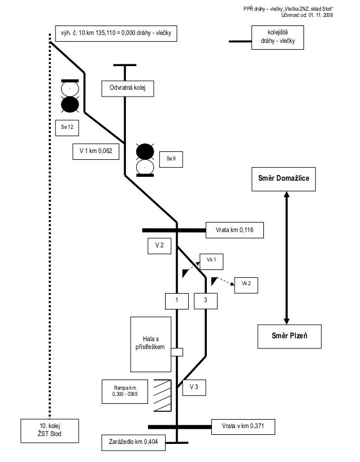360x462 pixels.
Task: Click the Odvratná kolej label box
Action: (x=128, y=88)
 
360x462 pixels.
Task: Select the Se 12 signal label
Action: (x=67, y=127)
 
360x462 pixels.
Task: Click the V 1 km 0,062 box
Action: (x=96, y=151)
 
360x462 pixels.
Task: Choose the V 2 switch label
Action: (x=159, y=246)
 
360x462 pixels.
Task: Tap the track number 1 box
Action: (x=177, y=301)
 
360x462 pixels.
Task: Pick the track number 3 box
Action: (x=206, y=301)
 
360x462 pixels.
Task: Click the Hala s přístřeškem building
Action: (x=150, y=343)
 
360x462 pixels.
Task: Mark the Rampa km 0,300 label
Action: (x=125, y=390)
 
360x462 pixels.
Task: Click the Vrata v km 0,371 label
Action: (x=242, y=427)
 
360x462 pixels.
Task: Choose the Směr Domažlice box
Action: (x=285, y=178)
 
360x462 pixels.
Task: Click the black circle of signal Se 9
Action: (x=145, y=151)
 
